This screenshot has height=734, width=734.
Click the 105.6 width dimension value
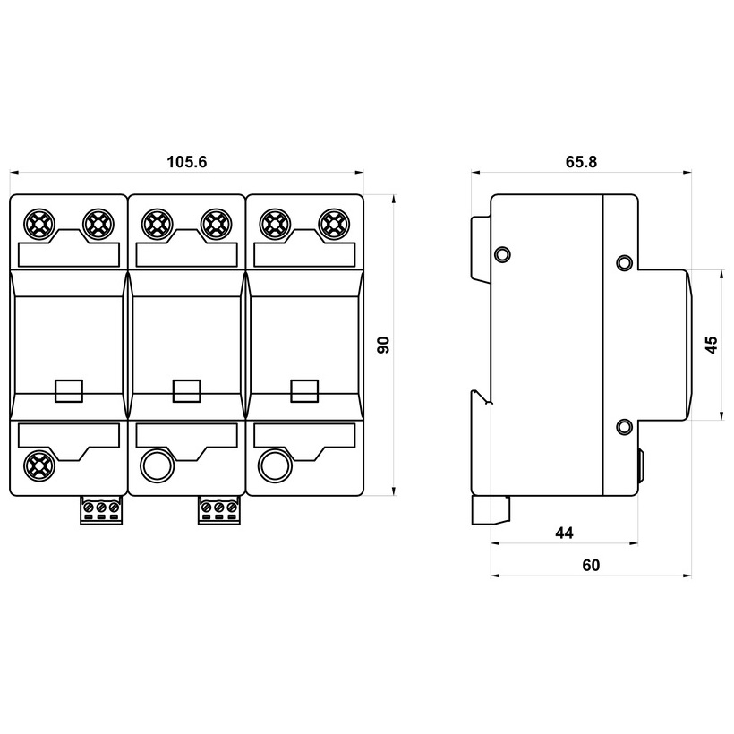pos(187,162)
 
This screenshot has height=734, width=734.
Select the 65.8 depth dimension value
pos(582,162)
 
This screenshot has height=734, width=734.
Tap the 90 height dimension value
pos(383,345)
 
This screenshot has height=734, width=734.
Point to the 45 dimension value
pos(711,345)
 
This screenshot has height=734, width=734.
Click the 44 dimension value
pos(564,533)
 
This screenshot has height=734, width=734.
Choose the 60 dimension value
pos(591,566)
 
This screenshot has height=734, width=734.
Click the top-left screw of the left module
pos(39,225)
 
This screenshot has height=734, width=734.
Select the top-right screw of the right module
pos(334,225)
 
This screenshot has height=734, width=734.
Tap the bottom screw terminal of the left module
pos(39,465)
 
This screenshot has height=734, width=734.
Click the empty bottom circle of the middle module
pos(157,465)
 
